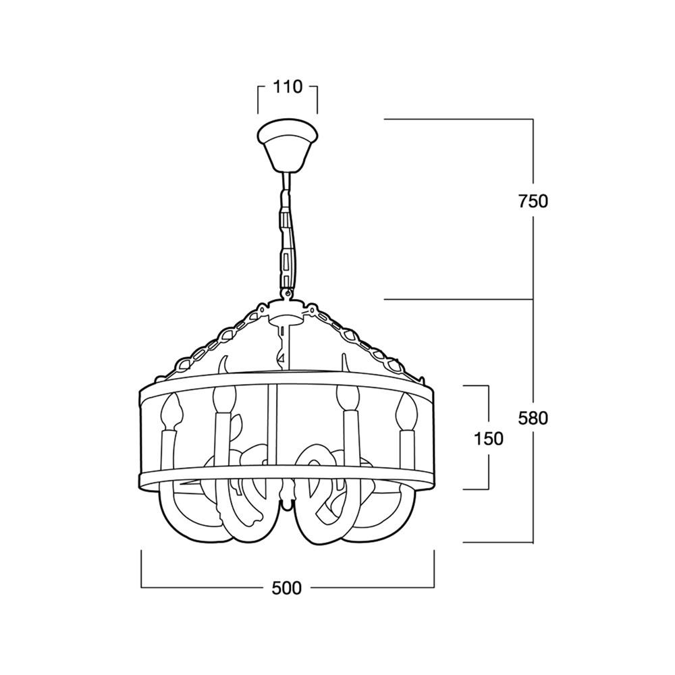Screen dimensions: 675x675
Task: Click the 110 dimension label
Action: pyautogui.click(x=288, y=87)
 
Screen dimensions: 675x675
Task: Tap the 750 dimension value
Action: pyautogui.click(x=533, y=201)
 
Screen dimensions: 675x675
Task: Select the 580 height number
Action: pyautogui.click(x=533, y=418)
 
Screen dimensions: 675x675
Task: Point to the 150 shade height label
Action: pyautogui.click(x=488, y=439)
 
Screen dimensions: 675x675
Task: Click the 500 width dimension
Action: pyautogui.click(x=287, y=588)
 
